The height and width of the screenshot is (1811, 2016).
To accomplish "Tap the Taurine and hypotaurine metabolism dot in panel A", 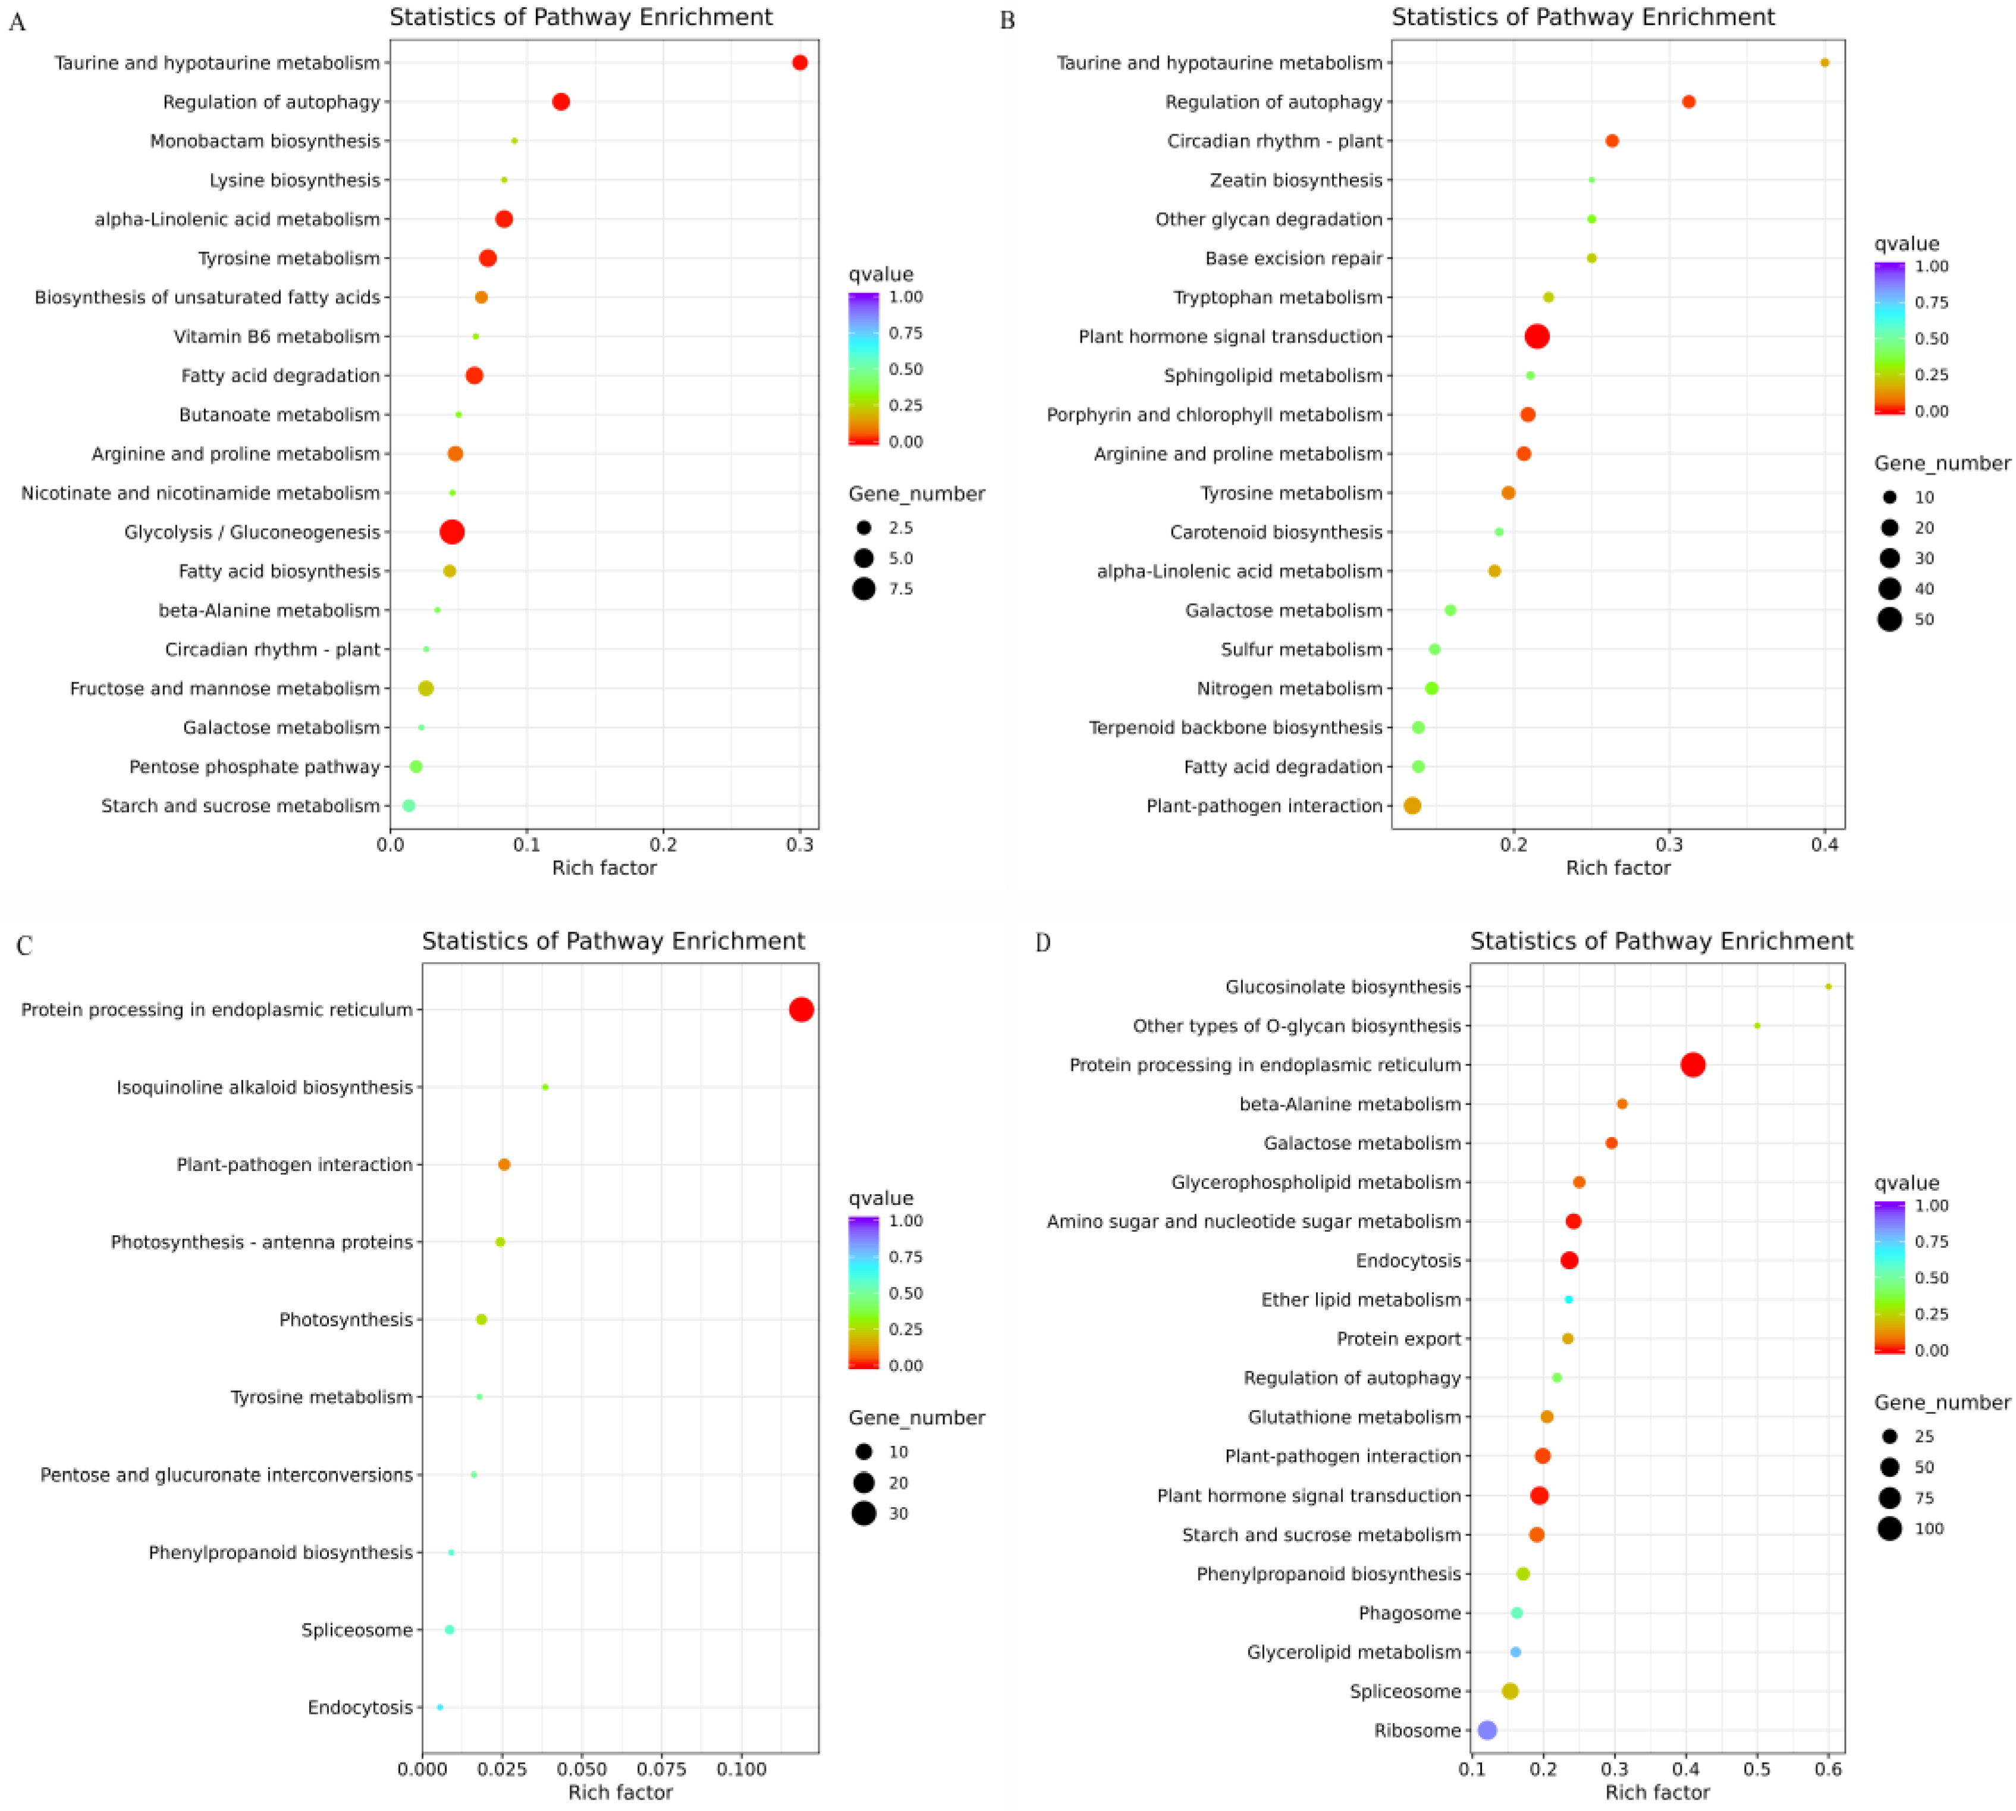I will click(799, 62).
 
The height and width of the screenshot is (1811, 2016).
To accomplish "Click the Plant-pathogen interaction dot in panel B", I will click(1411, 805).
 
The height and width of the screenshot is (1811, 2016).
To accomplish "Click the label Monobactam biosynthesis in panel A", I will click(265, 142).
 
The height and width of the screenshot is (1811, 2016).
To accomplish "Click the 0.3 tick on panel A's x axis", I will click(799, 845).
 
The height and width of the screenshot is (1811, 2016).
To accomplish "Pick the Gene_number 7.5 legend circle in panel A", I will click(863, 588).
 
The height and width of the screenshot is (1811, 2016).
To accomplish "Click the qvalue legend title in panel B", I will click(1905, 244).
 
